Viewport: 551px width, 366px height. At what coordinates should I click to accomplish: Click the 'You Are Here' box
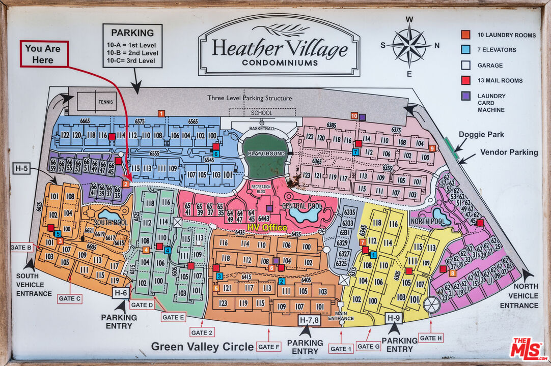[44, 54]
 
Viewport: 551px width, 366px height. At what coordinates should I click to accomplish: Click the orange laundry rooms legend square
[465, 35]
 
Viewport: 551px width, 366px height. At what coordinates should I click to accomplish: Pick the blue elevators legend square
[465, 50]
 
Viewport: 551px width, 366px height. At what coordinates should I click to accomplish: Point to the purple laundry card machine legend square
[465, 96]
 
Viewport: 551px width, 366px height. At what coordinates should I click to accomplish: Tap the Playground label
[266, 154]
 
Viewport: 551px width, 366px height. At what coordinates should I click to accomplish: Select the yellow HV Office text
[267, 227]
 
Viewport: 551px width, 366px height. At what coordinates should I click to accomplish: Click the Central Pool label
[302, 206]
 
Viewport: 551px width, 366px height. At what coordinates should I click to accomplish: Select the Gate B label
[21, 248]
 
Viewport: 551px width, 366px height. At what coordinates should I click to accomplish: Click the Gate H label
[431, 338]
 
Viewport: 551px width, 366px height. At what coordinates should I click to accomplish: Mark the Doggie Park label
[481, 135]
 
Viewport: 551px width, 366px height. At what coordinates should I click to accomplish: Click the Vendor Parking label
[509, 152]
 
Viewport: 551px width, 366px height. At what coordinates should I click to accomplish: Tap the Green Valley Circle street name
[202, 347]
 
